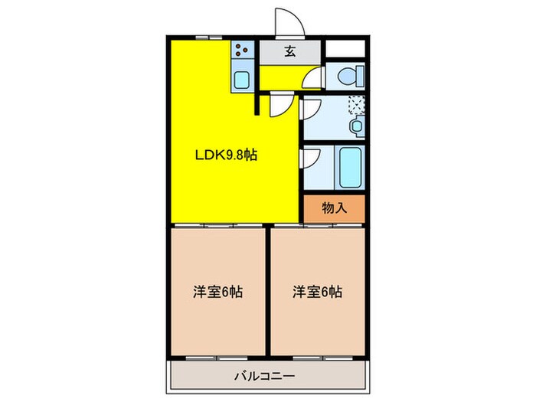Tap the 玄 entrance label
(x=291, y=52)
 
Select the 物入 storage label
(x=333, y=207)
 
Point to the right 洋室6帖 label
(x=316, y=292)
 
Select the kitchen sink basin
(x=242, y=79)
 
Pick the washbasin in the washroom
(x=356, y=126)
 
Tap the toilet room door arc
(x=314, y=78)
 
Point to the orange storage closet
(x=333, y=208)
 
